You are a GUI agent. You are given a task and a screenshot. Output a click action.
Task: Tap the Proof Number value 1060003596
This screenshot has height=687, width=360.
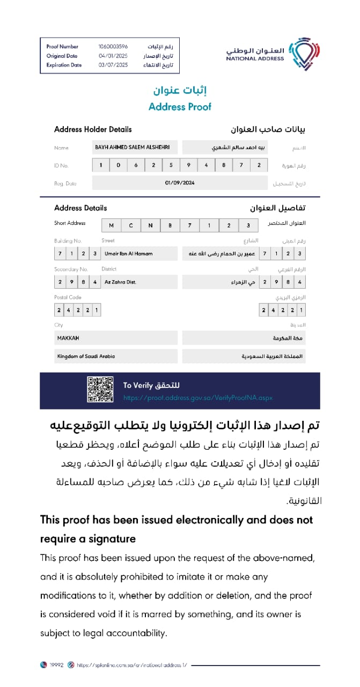113,47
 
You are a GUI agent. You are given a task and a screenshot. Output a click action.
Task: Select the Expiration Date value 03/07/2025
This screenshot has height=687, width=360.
113,65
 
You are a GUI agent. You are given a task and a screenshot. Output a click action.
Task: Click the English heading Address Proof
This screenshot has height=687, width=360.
180,106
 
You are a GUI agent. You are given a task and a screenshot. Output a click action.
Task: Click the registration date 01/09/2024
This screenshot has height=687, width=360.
180,183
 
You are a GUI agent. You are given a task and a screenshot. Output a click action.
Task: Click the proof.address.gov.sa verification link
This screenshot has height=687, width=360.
198,398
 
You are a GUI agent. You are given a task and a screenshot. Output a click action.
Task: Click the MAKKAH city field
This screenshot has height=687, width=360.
115,338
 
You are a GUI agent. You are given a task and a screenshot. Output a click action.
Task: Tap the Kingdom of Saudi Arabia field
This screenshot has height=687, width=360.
115,356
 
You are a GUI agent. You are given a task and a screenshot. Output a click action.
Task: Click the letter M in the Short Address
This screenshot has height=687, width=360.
111,225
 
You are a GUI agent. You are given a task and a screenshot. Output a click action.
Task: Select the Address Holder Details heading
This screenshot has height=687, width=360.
93,129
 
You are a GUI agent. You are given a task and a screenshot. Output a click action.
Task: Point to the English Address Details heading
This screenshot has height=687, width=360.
80,208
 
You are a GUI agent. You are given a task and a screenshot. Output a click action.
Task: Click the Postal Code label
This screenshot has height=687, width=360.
68,297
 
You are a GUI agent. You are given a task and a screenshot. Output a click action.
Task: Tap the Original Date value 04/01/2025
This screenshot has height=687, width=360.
113,56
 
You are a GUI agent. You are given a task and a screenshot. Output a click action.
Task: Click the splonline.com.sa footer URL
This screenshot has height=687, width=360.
131,665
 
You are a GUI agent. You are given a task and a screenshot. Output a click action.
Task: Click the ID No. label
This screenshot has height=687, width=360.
61,165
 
